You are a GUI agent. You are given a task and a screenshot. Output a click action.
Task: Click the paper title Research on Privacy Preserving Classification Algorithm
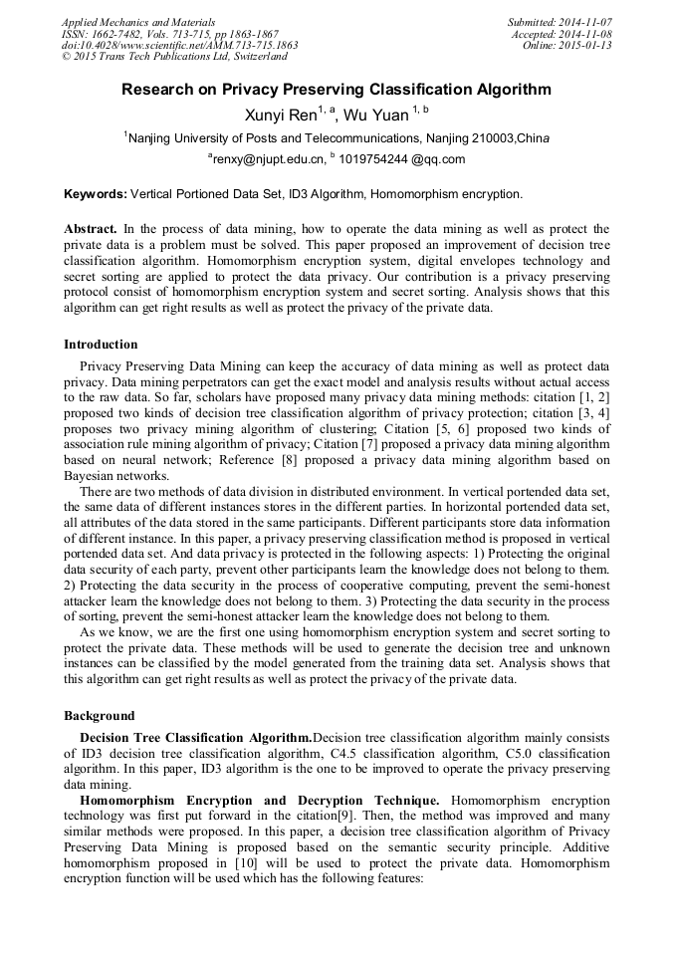click(337, 90)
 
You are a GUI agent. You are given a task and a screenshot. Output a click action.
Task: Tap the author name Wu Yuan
click(373, 116)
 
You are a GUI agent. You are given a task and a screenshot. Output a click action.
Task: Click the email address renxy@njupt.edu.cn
click(269, 159)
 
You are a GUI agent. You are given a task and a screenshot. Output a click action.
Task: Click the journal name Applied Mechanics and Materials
click(138, 22)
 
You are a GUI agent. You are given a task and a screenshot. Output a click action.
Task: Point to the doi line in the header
click(179, 46)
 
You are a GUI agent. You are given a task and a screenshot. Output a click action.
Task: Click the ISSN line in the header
click(170, 34)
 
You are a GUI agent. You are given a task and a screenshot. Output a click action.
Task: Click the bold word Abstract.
click(91, 229)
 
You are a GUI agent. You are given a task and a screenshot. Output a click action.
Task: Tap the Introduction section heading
click(101, 345)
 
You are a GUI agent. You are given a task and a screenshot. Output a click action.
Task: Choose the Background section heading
click(99, 716)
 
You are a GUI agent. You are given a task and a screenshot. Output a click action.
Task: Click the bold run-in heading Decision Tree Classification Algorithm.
click(196, 738)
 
